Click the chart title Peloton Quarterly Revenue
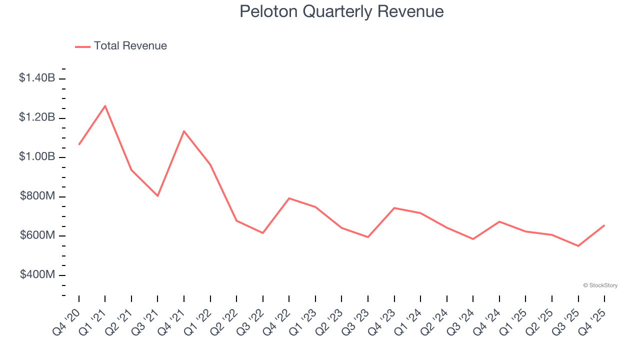click(x=341, y=11)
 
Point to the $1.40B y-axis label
click(x=37, y=78)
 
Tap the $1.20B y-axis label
click(x=37, y=117)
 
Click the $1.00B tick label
click(x=37, y=157)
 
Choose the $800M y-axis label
click(x=37, y=196)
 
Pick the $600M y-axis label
click(x=37, y=235)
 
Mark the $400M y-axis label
click(x=37, y=275)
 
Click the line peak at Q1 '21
click(x=105, y=105)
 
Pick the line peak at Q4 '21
click(x=184, y=131)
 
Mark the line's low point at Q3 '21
click(x=157, y=196)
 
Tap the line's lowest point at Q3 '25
click(x=578, y=246)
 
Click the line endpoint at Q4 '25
click(x=604, y=225)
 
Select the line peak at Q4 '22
click(x=289, y=198)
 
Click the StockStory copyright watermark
click(x=600, y=285)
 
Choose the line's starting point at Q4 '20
click(x=79, y=144)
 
